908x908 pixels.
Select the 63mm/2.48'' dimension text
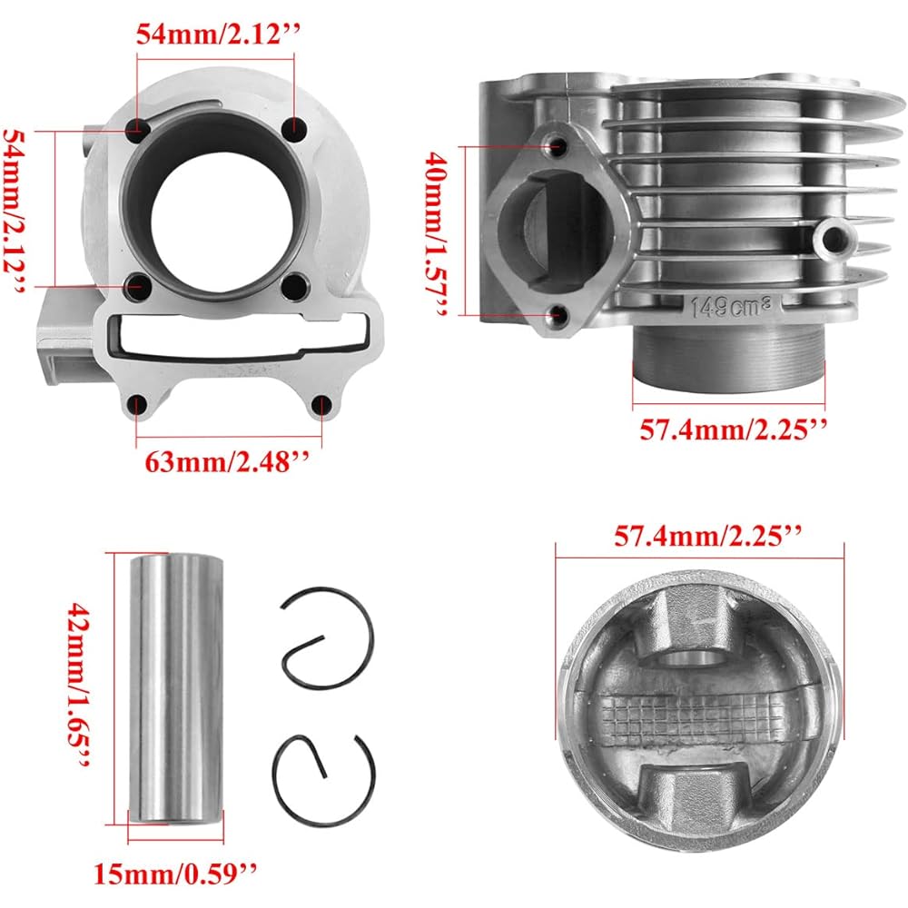[228, 461]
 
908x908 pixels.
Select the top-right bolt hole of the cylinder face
[292, 129]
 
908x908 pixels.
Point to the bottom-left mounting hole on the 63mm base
[138, 405]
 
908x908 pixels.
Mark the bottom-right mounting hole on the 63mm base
[320, 405]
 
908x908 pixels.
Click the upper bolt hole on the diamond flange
[558, 145]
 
